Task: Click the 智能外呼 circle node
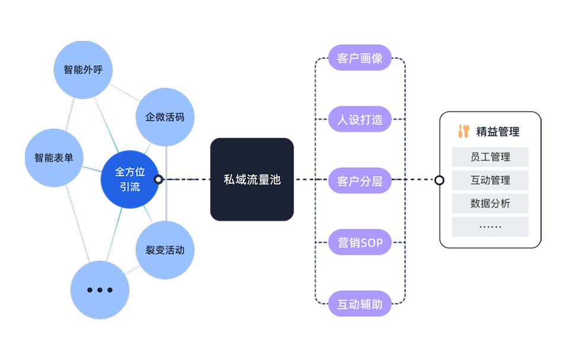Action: (x=83, y=70)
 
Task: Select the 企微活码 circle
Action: (x=164, y=117)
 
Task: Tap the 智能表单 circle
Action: (x=54, y=158)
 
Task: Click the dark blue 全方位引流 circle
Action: (x=130, y=179)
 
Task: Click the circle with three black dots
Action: (x=100, y=290)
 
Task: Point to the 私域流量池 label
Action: (x=252, y=180)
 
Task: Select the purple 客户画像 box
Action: (x=360, y=59)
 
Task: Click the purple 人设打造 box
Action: (x=360, y=120)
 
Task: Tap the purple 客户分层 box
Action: (x=360, y=181)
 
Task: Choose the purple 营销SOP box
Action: (x=360, y=243)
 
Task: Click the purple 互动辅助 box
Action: (x=360, y=304)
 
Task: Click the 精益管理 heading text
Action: (x=497, y=132)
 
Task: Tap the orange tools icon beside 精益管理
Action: (x=464, y=132)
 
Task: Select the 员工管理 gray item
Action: (x=490, y=157)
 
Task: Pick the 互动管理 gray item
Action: (x=490, y=180)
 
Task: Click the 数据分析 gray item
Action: (x=490, y=203)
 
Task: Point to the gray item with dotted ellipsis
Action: (x=490, y=227)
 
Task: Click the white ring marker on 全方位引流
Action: (x=158, y=179)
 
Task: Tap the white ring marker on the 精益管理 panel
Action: (x=440, y=180)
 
